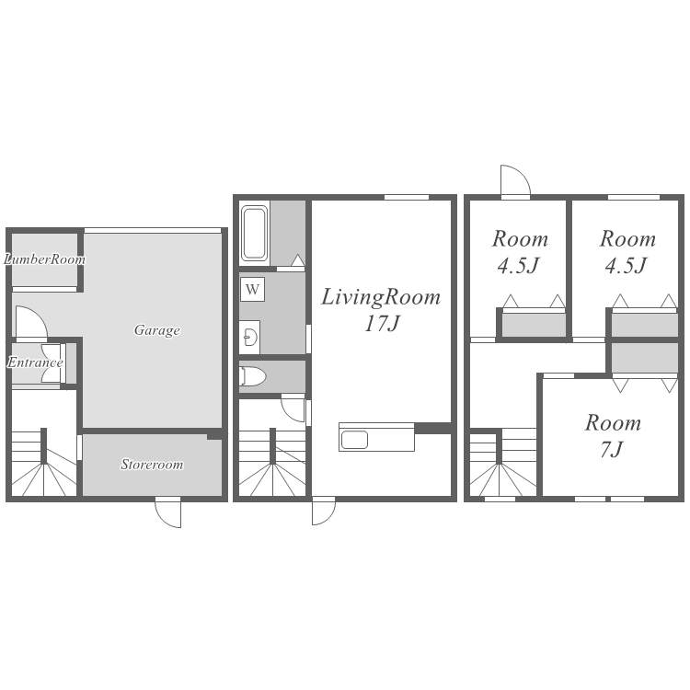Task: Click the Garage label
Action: coord(157,330)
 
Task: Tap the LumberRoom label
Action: coord(44,259)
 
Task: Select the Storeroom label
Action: coord(152,465)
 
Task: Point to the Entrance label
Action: coord(35,362)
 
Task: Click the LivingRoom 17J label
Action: coord(381,310)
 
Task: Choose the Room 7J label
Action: coord(613,436)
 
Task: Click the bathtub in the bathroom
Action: coord(254,234)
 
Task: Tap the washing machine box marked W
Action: coord(253,289)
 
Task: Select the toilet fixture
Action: coord(253,376)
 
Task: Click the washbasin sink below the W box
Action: coord(250,337)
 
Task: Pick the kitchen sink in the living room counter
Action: coord(355,439)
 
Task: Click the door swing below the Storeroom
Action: coord(168,512)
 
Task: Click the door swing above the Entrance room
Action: coord(31,323)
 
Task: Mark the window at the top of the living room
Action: coord(407,197)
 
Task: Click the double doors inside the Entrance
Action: coord(52,363)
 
